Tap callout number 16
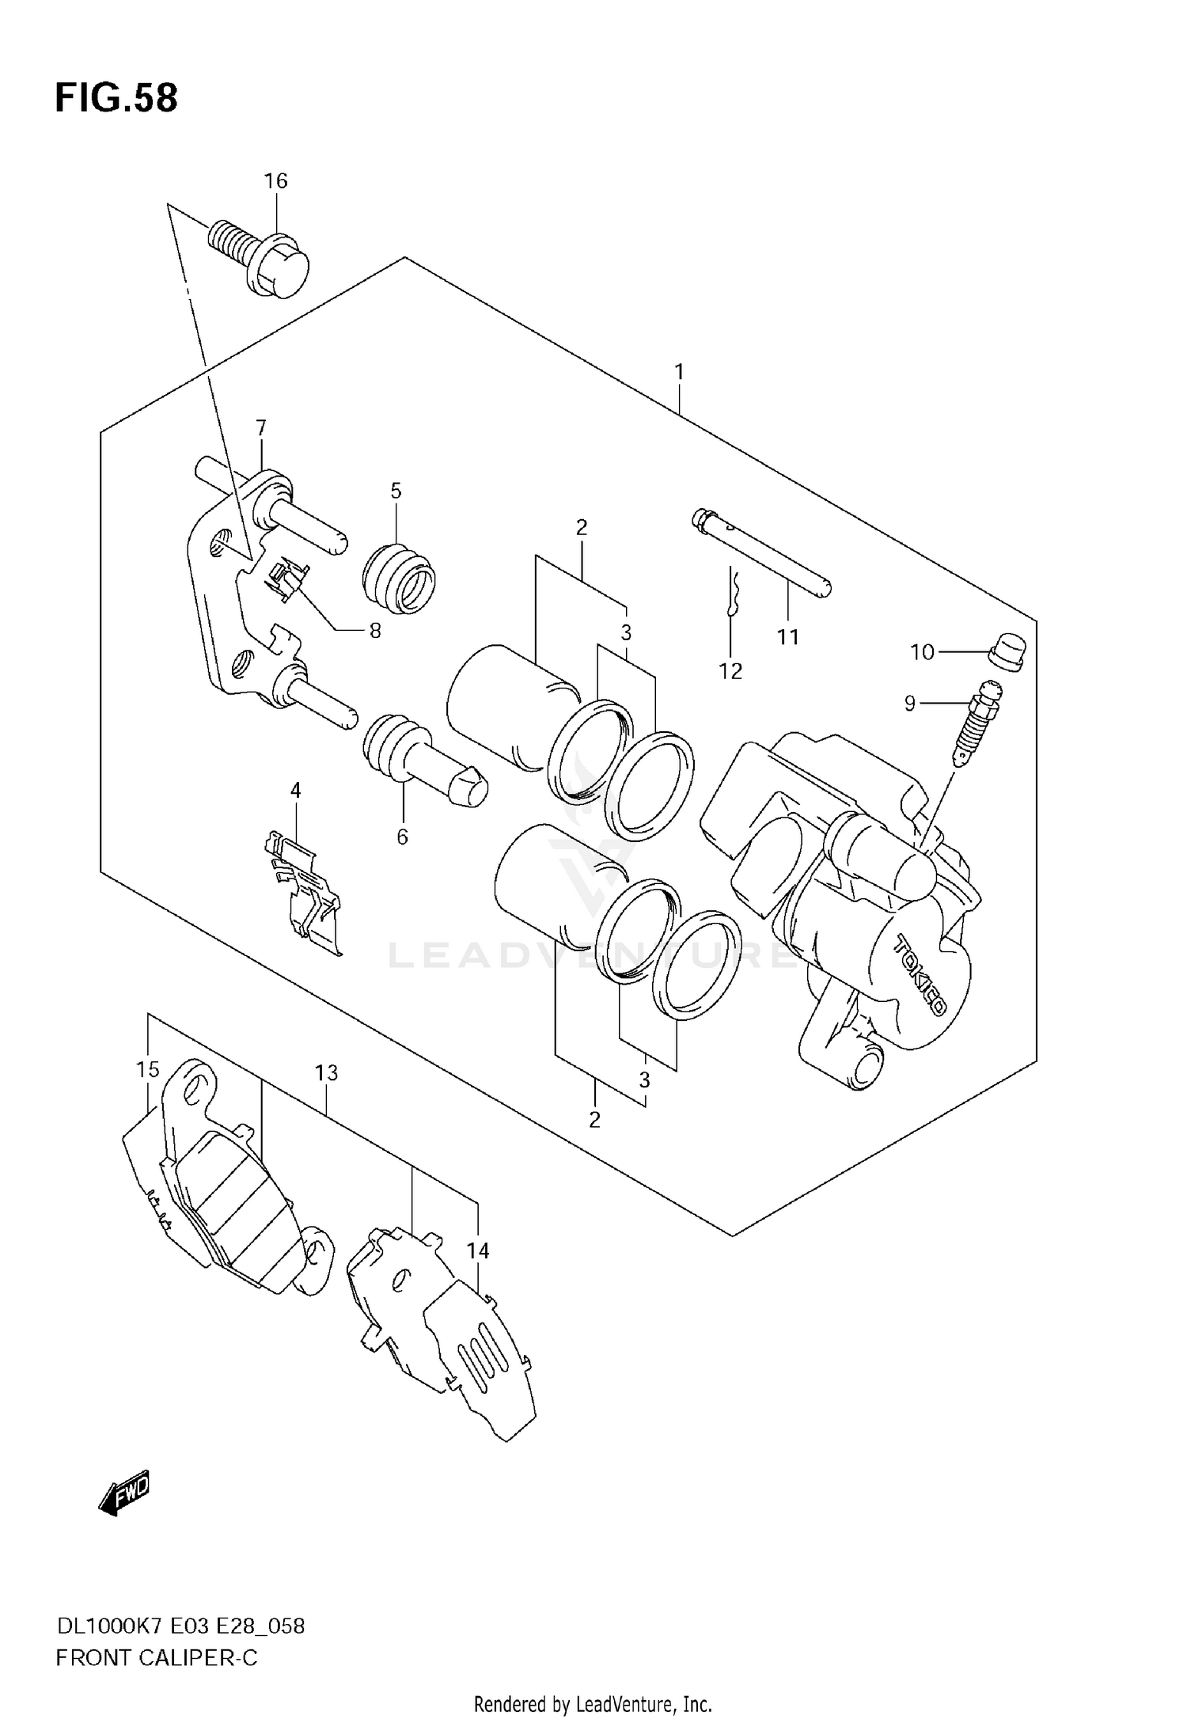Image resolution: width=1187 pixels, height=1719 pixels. [x=275, y=181]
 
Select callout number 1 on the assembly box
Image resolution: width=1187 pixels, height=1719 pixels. [x=679, y=371]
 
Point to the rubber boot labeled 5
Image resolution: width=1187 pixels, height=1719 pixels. [x=400, y=577]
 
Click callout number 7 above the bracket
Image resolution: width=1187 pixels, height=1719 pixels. [x=261, y=428]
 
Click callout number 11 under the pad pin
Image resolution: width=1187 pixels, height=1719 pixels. [x=787, y=637]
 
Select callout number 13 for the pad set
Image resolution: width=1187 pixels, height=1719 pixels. [x=326, y=1073]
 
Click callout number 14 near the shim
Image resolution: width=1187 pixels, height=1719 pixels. [x=477, y=1251]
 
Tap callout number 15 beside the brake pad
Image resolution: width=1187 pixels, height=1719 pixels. [x=148, y=1070]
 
